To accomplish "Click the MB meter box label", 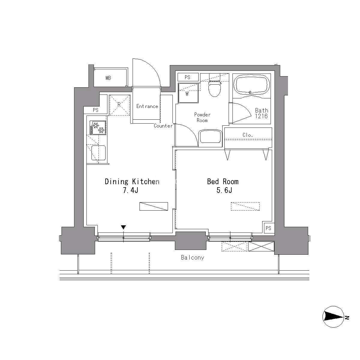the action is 108,78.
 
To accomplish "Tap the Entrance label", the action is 147,106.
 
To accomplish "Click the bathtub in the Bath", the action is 252,85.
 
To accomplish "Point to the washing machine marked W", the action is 188,93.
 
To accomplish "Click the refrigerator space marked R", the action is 120,105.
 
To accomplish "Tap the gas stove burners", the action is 98,127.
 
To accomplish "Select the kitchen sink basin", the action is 98,153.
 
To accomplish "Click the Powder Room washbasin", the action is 210,136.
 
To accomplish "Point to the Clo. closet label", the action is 248,135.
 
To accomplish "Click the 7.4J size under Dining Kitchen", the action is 130,190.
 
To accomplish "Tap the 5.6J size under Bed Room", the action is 224,190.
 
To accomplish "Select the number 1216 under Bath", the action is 261,116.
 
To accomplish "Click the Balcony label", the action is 192,258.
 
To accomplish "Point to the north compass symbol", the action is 334,317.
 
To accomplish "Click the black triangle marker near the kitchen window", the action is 123,227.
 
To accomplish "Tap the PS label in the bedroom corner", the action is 268,228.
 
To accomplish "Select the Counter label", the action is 163,126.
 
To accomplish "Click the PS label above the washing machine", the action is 187,77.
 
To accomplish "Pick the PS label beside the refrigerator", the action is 96,110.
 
